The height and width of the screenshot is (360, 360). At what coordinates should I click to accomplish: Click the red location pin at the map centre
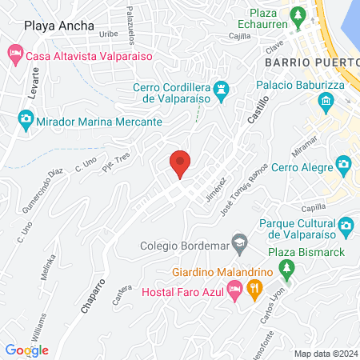pyautogui.click(x=180, y=164)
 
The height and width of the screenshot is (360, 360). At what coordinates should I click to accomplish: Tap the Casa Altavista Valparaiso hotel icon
pyautogui.click(x=14, y=56)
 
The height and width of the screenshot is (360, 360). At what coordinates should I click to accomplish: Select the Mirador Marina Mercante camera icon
pyautogui.click(x=25, y=121)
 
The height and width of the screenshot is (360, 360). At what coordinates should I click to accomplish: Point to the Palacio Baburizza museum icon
pyautogui.click(x=326, y=101)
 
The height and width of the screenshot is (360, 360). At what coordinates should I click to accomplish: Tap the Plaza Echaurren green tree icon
pyautogui.click(x=298, y=14)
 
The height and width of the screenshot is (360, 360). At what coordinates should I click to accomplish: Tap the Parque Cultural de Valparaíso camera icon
pyautogui.click(x=346, y=226)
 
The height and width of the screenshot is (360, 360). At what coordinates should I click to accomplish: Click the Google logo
pyautogui.click(x=26, y=350)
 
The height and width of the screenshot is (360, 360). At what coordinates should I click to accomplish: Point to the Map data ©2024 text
pyautogui.click(x=324, y=353)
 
